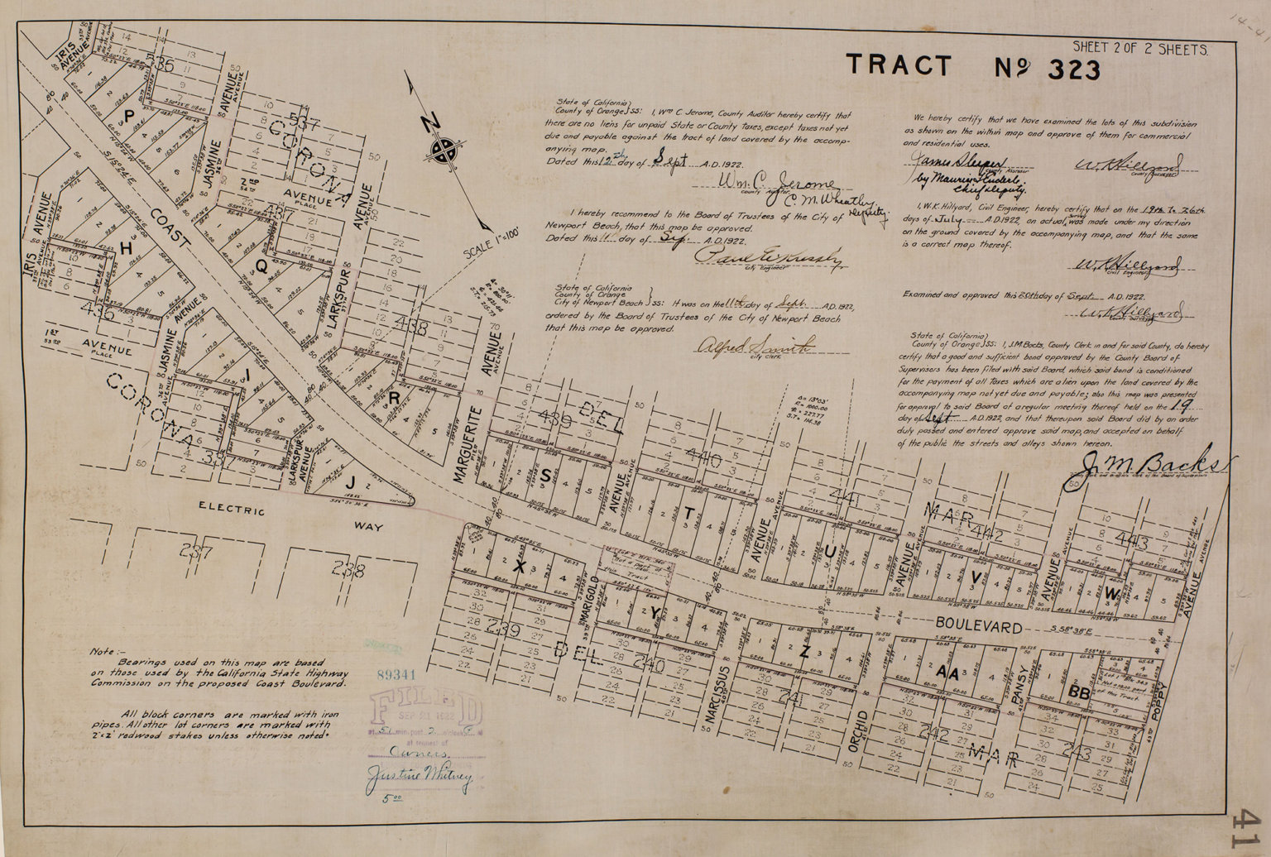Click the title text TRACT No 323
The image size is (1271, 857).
(x=972, y=67)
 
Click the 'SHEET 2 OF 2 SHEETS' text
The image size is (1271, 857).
(x=1139, y=50)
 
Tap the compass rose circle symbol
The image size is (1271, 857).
(x=446, y=150)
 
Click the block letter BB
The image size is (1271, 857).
(x=1079, y=693)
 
